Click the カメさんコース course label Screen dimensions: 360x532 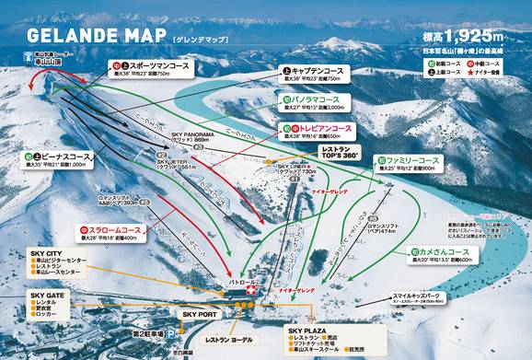(x=445, y=251)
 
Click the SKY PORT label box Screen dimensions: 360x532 (x=200, y=314)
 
